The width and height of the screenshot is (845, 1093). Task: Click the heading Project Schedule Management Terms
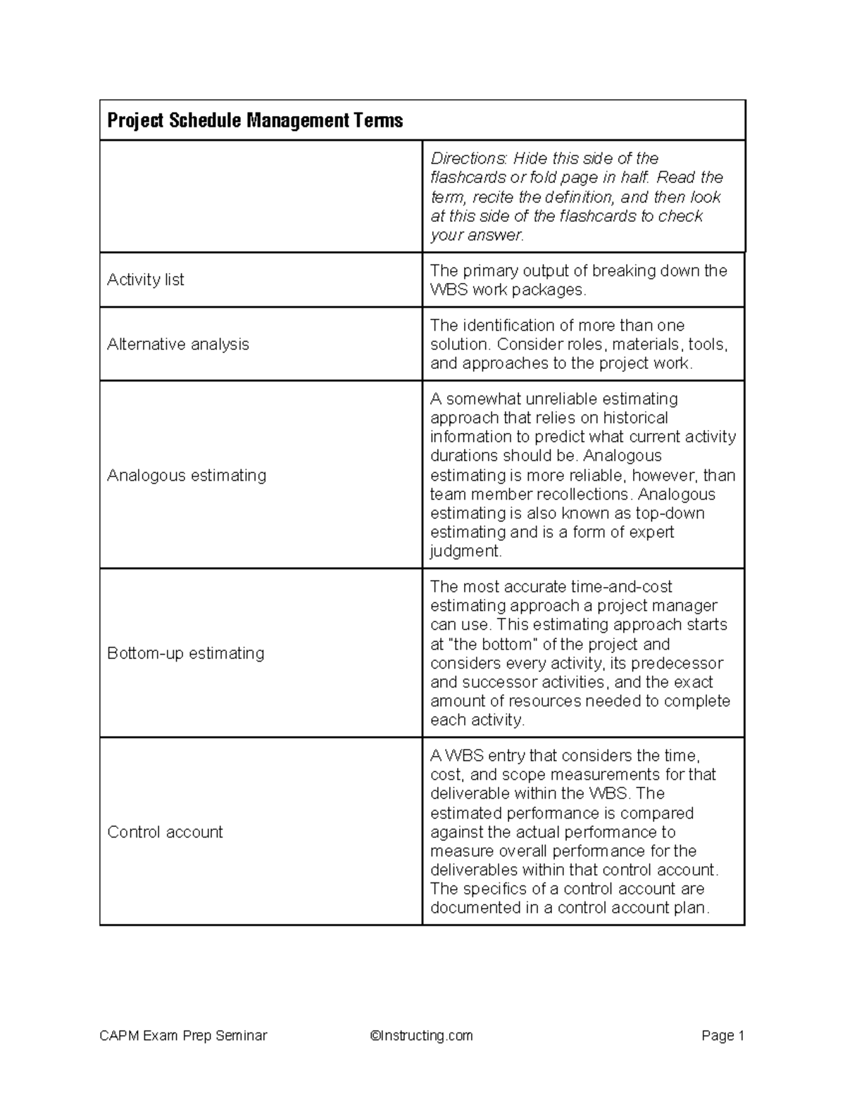(x=255, y=121)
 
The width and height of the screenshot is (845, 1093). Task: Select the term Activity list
(x=146, y=280)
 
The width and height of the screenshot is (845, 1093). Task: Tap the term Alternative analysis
(x=178, y=345)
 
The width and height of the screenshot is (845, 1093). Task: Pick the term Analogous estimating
(x=187, y=476)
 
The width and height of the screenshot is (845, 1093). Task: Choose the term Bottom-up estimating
(x=186, y=654)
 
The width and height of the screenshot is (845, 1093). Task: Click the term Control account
(x=165, y=832)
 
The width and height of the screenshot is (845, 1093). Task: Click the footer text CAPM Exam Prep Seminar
(x=184, y=1036)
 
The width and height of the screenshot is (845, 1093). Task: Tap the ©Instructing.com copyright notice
(x=421, y=1036)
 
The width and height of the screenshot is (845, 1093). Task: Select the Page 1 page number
(x=722, y=1036)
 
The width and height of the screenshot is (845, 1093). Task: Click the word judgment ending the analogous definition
(x=465, y=552)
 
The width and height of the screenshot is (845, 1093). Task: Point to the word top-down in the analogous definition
(x=670, y=514)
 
